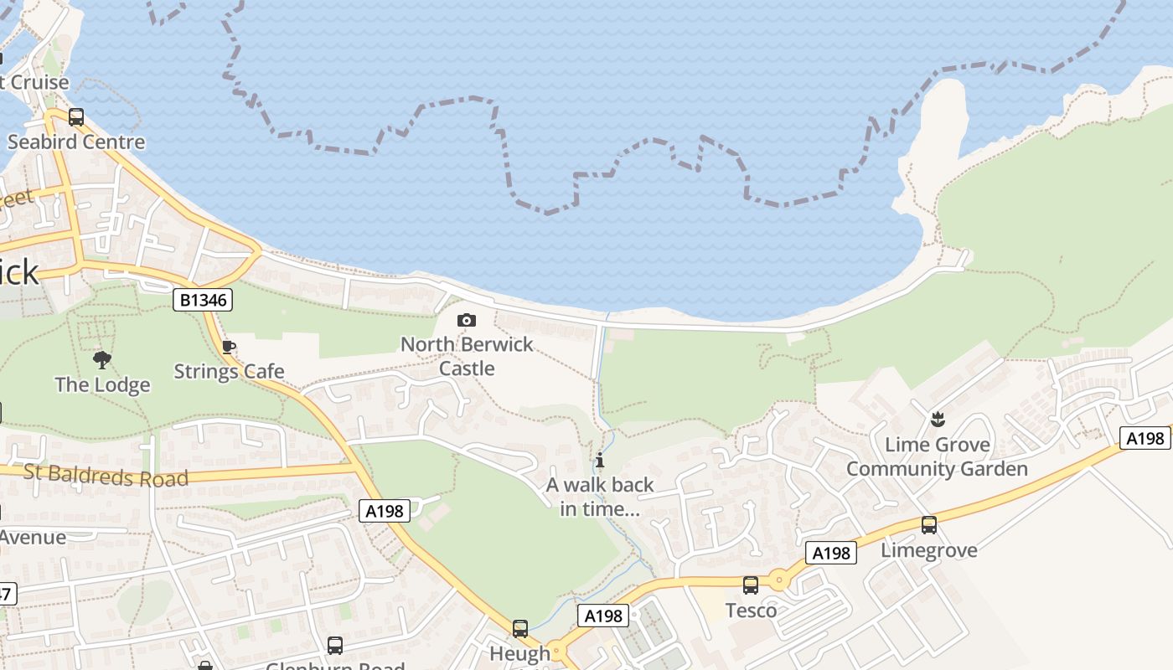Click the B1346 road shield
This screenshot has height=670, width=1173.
(203, 300)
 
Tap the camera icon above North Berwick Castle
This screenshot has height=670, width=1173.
(467, 320)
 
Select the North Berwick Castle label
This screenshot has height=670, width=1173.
(467, 356)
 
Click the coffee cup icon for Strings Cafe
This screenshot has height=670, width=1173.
(229, 348)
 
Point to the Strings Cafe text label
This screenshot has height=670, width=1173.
(229, 371)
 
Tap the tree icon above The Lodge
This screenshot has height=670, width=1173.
(102, 360)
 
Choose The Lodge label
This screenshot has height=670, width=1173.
(102, 385)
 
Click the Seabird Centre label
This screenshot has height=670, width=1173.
(76, 142)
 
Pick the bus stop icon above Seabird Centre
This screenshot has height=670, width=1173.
(76, 117)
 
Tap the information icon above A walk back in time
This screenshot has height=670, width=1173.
(600, 460)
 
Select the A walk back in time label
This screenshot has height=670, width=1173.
(600, 497)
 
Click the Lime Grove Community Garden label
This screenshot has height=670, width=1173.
(937, 456)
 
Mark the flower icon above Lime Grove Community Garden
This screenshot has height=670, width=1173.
(938, 419)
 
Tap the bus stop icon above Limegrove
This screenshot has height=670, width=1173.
(928, 525)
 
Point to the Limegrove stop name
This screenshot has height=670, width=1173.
(928, 550)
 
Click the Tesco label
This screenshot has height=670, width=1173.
(751, 610)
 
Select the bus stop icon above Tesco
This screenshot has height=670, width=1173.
(751, 585)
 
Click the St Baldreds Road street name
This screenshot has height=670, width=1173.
(106, 475)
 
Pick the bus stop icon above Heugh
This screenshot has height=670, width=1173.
(520, 628)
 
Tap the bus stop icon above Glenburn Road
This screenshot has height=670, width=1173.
(335, 645)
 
